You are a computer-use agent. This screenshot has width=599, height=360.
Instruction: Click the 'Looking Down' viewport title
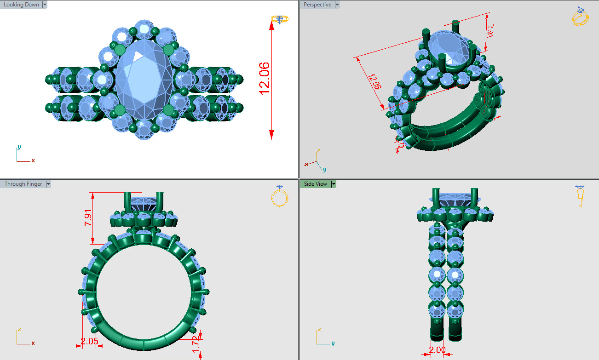click(x=21, y=5)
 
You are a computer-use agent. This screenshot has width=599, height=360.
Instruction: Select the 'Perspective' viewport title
click(x=317, y=5)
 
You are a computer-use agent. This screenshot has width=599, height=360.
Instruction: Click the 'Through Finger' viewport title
click(x=23, y=184)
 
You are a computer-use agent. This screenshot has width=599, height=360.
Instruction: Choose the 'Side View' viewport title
click(x=315, y=184)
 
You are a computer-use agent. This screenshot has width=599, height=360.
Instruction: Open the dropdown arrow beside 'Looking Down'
click(x=45, y=5)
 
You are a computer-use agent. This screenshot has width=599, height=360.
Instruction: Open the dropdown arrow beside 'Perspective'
click(x=337, y=5)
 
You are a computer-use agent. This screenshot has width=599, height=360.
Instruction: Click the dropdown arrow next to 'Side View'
click(x=334, y=184)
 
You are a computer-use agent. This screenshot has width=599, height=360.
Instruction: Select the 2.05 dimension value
click(x=89, y=341)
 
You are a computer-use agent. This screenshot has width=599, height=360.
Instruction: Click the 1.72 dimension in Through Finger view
click(x=196, y=341)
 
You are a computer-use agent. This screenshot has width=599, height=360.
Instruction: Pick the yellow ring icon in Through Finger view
click(x=279, y=196)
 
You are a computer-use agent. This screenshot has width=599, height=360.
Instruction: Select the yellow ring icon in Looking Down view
click(x=279, y=19)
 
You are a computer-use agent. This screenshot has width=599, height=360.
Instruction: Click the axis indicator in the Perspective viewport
click(x=316, y=160)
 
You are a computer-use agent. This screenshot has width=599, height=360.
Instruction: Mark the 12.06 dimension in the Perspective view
click(x=374, y=81)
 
